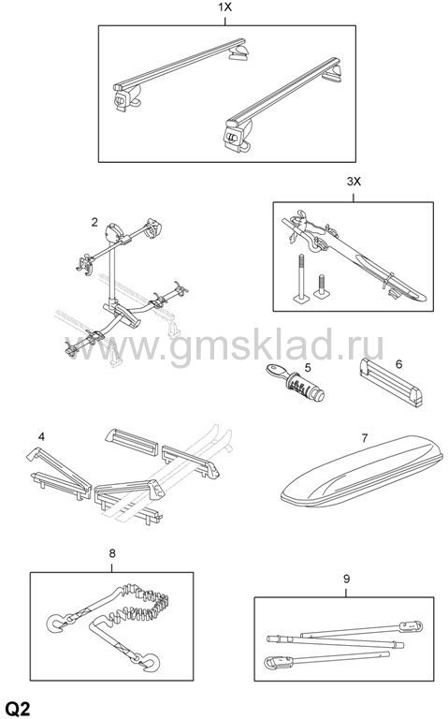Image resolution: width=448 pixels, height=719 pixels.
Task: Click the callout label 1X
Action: click(x=224, y=7)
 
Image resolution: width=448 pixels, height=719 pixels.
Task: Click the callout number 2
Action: click(x=94, y=223)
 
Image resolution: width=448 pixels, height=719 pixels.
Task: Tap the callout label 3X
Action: click(x=354, y=182)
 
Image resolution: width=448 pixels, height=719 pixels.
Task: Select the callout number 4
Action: click(x=42, y=436)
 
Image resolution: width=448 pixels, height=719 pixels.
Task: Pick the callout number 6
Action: click(x=398, y=364)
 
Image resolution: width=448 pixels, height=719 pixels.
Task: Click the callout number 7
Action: click(x=364, y=438)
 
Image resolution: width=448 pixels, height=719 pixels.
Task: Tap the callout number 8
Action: click(x=112, y=553)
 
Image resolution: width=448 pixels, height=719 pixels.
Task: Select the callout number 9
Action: click(x=346, y=580)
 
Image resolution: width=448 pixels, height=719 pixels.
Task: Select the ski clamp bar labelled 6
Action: click(x=391, y=383)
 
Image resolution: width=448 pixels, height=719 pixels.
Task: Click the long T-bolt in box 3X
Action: click(x=300, y=278)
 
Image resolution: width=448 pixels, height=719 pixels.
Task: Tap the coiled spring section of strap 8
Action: click(x=141, y=603)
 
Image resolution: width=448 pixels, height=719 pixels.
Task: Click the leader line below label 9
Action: click(x=346, y=592)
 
